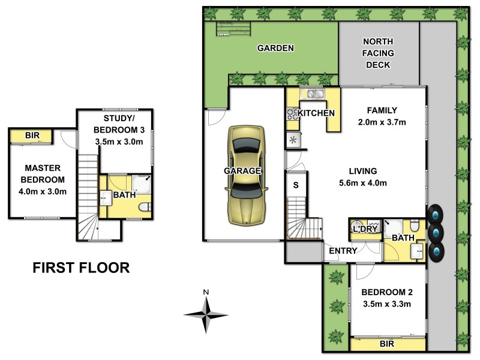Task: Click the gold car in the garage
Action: coord(244,175)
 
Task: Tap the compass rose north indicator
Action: coord(206,313)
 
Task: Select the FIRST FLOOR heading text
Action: coord(81,268)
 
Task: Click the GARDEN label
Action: coord(275,48)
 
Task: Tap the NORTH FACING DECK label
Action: coord(379,53)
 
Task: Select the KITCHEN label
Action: coord(316,113)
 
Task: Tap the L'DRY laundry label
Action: coord(364,229)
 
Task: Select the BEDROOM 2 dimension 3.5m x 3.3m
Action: coord(386,304)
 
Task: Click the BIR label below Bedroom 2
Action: coord(388,344)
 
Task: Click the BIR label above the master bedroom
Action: coord(32,136)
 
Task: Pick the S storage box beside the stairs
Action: coord(296,185)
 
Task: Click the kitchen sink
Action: coord(313,94)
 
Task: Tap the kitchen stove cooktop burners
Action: coord(292,114)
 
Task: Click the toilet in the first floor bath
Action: coord(144,208)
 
